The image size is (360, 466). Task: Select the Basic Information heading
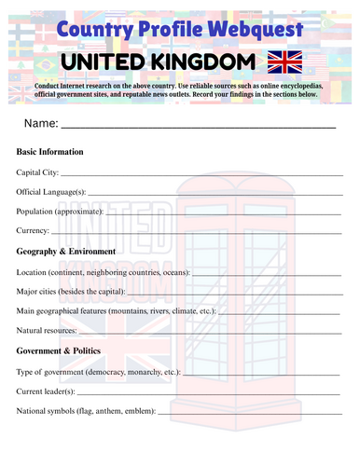[x=50, y=152]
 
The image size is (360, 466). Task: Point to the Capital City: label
[x=38, y=171]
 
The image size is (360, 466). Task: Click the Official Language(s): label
[x=51, y=191]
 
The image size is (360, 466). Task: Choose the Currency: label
[x=34, y=230]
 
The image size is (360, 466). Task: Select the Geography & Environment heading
[x=66, y=252]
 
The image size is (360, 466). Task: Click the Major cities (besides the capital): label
[x=71, y=292]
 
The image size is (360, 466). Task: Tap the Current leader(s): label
[x=46, y=391]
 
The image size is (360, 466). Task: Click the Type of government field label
[x=99, y=372]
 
